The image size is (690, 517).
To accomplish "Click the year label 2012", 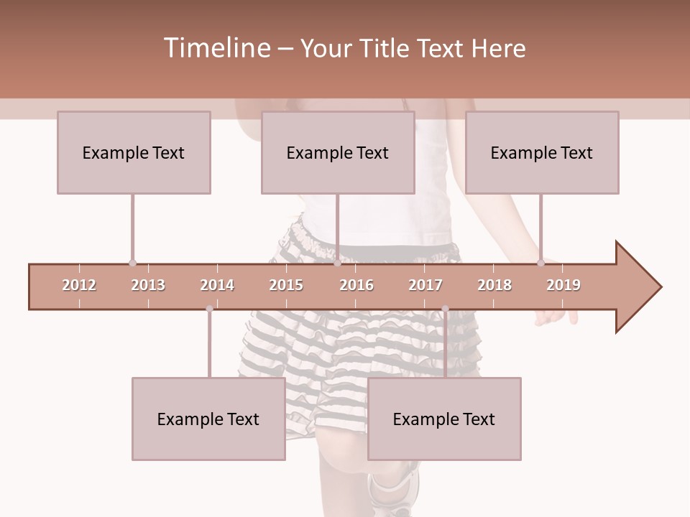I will [79, 285].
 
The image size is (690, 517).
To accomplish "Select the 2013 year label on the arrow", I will [148, 285].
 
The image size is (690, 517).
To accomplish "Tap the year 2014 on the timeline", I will [217, 285].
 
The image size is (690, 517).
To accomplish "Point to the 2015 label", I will [286, 285].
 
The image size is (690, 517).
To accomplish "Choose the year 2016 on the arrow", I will [356, 285].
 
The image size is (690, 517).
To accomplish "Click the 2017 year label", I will [425, 285].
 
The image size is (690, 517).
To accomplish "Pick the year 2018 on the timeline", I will [494, 285].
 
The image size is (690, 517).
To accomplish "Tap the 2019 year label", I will [563, 285].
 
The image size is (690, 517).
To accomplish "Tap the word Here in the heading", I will [498, 48].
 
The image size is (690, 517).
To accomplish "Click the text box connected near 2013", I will [134, 152].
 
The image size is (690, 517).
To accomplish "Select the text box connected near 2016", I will [338, 152].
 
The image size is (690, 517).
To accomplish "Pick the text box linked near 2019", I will [542, 152].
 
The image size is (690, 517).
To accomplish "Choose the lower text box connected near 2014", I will [208, 419].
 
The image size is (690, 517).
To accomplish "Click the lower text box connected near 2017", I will [444, 419].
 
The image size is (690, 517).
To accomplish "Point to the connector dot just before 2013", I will [132, 264].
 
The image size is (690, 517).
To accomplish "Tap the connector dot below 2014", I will [209, 309].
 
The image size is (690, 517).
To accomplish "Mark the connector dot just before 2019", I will [540, 264].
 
